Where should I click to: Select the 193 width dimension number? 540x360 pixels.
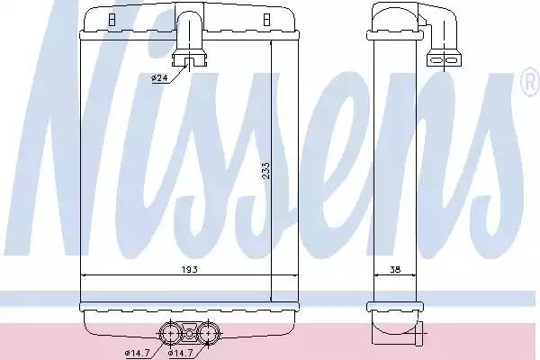(188, 269)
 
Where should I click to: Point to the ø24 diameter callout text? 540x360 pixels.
(158, 78)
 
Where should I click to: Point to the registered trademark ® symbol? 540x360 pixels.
(529, 85)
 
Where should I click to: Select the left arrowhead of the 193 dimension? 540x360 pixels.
(85, 274)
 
